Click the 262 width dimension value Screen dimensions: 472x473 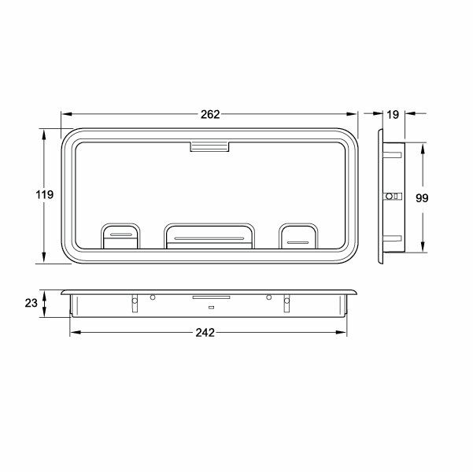pyautogui.click(x=209, y=114)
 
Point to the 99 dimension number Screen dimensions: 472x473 pyautogui.click(x=421, y=197)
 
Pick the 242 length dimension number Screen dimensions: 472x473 pyautogui.click(x=205, y=332)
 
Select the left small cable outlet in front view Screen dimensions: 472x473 pyautogui.click(x=120, y=235)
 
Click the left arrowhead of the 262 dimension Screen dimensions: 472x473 pyautogui.click(x=65, y=114)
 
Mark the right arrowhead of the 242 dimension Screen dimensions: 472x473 pyautogui.click(x=343, y=332)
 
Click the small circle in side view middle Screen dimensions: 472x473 pyautogui.click(x=388, y=195)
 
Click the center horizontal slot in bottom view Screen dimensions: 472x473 pyautogui.click(x=209, y=298)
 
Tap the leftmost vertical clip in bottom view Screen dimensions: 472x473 pyautogui.click(x=135, y=302)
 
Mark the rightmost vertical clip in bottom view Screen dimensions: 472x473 pyautogui.click(x=286, y=302)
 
